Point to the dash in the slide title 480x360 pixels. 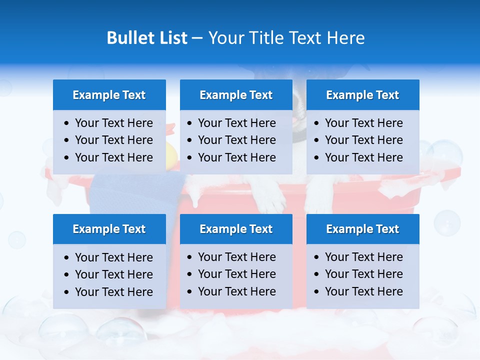click(x=197, y=38)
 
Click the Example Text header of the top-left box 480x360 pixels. click(x=109, y=95)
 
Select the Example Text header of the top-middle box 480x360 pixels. click(x=236, y=95)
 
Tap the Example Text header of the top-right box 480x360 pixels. click(x=362, y=95)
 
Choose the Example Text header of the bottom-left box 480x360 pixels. click(x=109, y=229)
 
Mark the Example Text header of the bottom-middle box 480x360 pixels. click(x=236, y=229)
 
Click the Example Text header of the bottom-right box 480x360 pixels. click(x=362, y=229)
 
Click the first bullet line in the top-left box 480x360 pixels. click(x=113, y=123)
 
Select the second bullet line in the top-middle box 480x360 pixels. click(x=236, y=140)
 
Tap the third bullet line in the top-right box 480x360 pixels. click(x=363, y=157)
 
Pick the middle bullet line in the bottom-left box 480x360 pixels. click(x=113, y=274)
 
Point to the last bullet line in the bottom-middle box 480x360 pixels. click(x=236, y=291)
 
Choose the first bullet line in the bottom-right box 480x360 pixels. click(x=363, y=257)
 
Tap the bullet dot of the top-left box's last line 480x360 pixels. click(x=67, y=158)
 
